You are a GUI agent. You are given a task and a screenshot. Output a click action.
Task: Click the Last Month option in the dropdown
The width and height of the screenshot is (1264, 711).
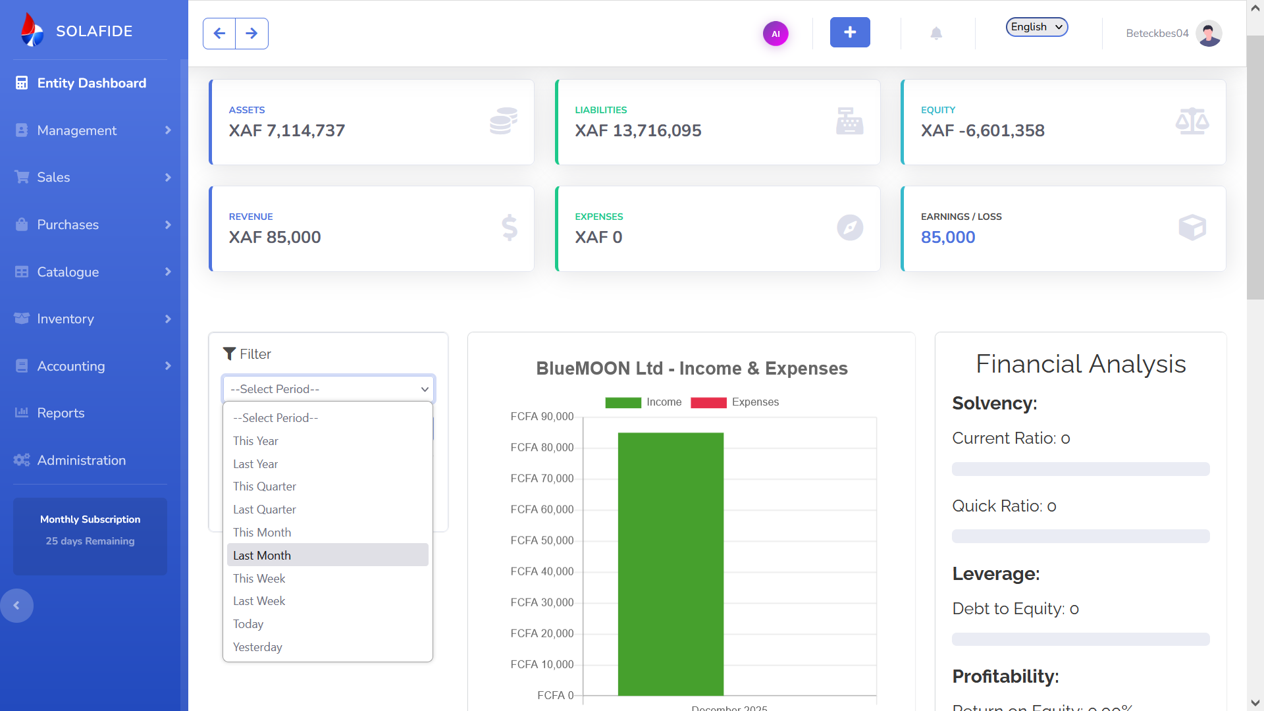coord(262,555)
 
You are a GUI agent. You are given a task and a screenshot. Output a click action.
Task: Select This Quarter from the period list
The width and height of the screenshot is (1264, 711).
coord(265,487)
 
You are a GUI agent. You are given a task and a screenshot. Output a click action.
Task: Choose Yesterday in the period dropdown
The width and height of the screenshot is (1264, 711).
coord(257,647)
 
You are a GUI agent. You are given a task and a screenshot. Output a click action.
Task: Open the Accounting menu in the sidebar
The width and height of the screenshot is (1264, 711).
coord(71,366)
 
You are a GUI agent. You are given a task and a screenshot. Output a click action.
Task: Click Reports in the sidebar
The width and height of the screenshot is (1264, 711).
coord(61,413)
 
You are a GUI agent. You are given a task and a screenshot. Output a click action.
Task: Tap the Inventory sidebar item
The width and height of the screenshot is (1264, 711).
coord(65,319)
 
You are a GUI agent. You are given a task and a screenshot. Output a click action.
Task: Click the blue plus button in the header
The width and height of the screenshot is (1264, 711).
coord(849,32)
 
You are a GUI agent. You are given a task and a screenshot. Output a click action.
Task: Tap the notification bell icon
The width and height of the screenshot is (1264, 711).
coord(936,33)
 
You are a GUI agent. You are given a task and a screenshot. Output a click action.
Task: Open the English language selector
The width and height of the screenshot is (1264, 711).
coord(1036,27)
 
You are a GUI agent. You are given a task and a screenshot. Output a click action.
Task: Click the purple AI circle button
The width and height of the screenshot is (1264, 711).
coord(776,34)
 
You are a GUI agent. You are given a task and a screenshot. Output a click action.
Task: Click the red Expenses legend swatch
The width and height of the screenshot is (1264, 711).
coord(708,402)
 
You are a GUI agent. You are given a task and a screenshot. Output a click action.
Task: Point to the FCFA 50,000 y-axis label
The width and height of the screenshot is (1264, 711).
coord(542,540)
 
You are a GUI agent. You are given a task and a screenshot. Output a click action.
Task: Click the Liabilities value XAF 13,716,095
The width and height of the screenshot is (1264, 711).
coord(638,130)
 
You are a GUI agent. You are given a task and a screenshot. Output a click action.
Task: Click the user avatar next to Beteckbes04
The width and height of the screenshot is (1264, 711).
coord(1209,33)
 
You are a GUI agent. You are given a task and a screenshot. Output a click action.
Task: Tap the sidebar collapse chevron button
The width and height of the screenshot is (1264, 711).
coord(16,606)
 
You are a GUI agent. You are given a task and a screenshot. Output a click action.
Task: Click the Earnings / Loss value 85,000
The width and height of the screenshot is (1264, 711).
coord(948,237)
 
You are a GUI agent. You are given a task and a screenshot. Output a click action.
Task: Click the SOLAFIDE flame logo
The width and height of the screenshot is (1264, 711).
coord(32,30)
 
